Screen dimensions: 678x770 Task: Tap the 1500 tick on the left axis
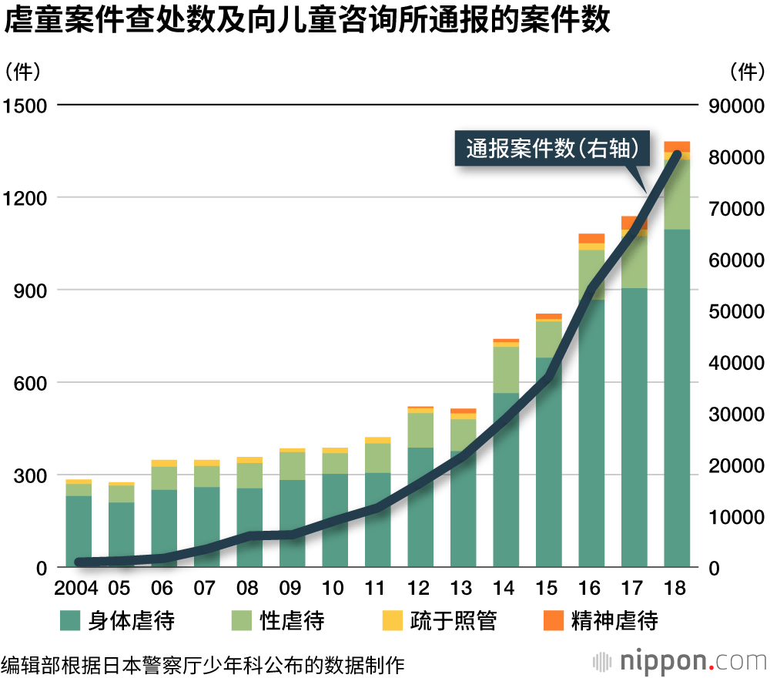click(x=25, y=106)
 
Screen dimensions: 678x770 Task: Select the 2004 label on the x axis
click(x=77, y=589)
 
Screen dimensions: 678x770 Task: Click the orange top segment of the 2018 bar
click(x=677, y=146)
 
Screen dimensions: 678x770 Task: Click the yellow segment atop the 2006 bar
click(x=164, y=463)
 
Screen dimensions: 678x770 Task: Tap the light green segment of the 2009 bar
click(x=292, y=465)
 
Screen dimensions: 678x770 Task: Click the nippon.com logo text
click(x=686, y=661)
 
